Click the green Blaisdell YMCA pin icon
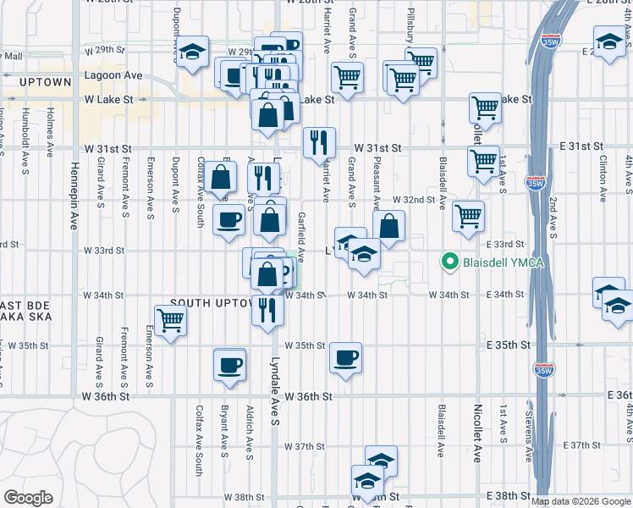click(450, 262)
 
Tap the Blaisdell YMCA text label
click(503, 262)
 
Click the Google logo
click(29, 498)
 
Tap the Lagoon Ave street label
click(113, 75)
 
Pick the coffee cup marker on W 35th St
click(345, 357)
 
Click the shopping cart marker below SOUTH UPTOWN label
click(171, 321)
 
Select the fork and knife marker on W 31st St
click(319, 142)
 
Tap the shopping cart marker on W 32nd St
click(467, 217)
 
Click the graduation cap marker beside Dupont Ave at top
click(192, 52)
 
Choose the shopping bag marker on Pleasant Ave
click(388, 226)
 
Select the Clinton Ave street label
click(603, 179)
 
